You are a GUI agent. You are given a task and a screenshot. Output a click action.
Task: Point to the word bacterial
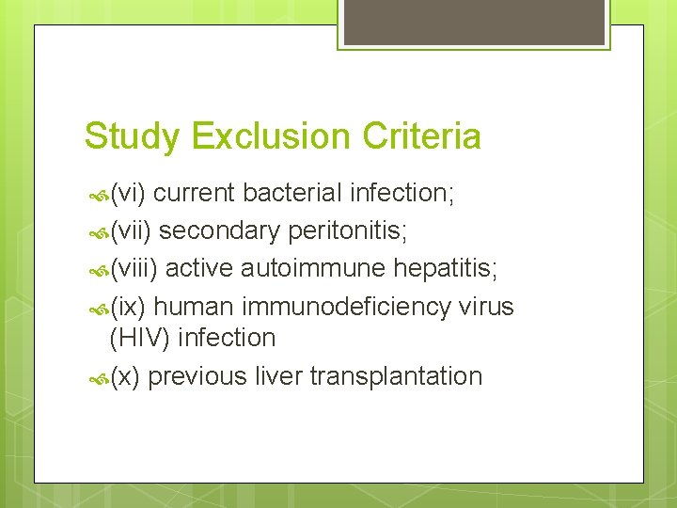point(292,193)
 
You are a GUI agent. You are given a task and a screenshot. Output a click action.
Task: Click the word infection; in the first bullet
point(402,193)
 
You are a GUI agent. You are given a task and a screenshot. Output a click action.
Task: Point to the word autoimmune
point(313,269)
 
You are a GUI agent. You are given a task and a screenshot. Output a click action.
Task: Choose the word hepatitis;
point(446,269)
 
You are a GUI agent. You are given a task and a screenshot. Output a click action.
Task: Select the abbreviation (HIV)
point(139,338)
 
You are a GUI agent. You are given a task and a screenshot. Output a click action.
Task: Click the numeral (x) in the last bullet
point(125,377)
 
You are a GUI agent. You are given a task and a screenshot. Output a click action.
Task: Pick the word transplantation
point(396,377)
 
